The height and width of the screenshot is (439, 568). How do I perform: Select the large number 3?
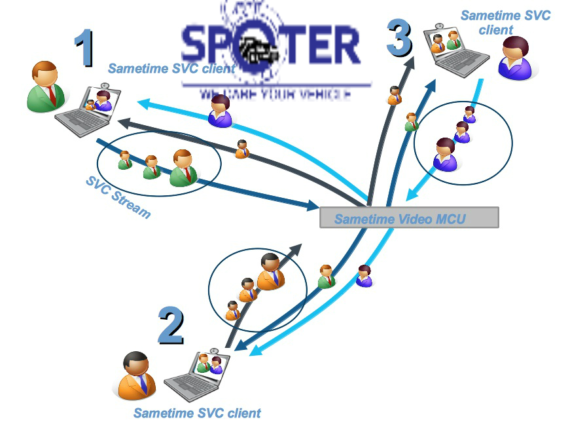pyautogui.click(x=399, y=37)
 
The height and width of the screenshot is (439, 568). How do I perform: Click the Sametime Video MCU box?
pyautogui.click(x=409, y=218)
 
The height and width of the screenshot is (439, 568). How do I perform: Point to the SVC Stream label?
pyautogui.click(x=118, y=197)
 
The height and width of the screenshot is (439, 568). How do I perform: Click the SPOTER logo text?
pyautogui.click(x=270, y=47)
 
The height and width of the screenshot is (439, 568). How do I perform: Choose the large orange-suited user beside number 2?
pyautogui.click(x=137, y=377)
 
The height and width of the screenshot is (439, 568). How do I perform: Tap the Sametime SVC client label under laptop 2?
pyautogui.click(x=197, y=413)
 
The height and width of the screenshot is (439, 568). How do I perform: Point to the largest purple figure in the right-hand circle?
pyautogui.click(x=445, y=155)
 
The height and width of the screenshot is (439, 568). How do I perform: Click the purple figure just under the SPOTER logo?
pyautogui.click(x=221, y=111)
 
